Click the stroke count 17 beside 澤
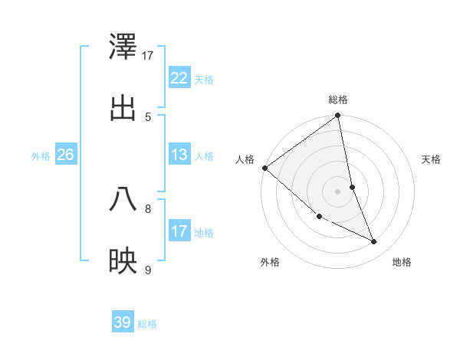coord(148,56)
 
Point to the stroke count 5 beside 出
coord(148,116)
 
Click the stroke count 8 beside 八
coord(148,208)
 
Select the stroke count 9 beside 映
coord(148,269)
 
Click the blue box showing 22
coord(179,78)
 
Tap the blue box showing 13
coord(179,155)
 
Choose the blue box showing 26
coord(66,155)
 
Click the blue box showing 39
coord(123,322)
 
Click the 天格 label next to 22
coord(204,80)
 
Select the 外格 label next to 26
coord(41,156)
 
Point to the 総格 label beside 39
coord(147,324)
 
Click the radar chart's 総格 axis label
coord(338,100)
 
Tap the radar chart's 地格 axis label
coord(402,263)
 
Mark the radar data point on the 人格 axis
coord(264,168)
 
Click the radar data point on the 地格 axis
coord(374,242)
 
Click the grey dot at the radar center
coord(338,191)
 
